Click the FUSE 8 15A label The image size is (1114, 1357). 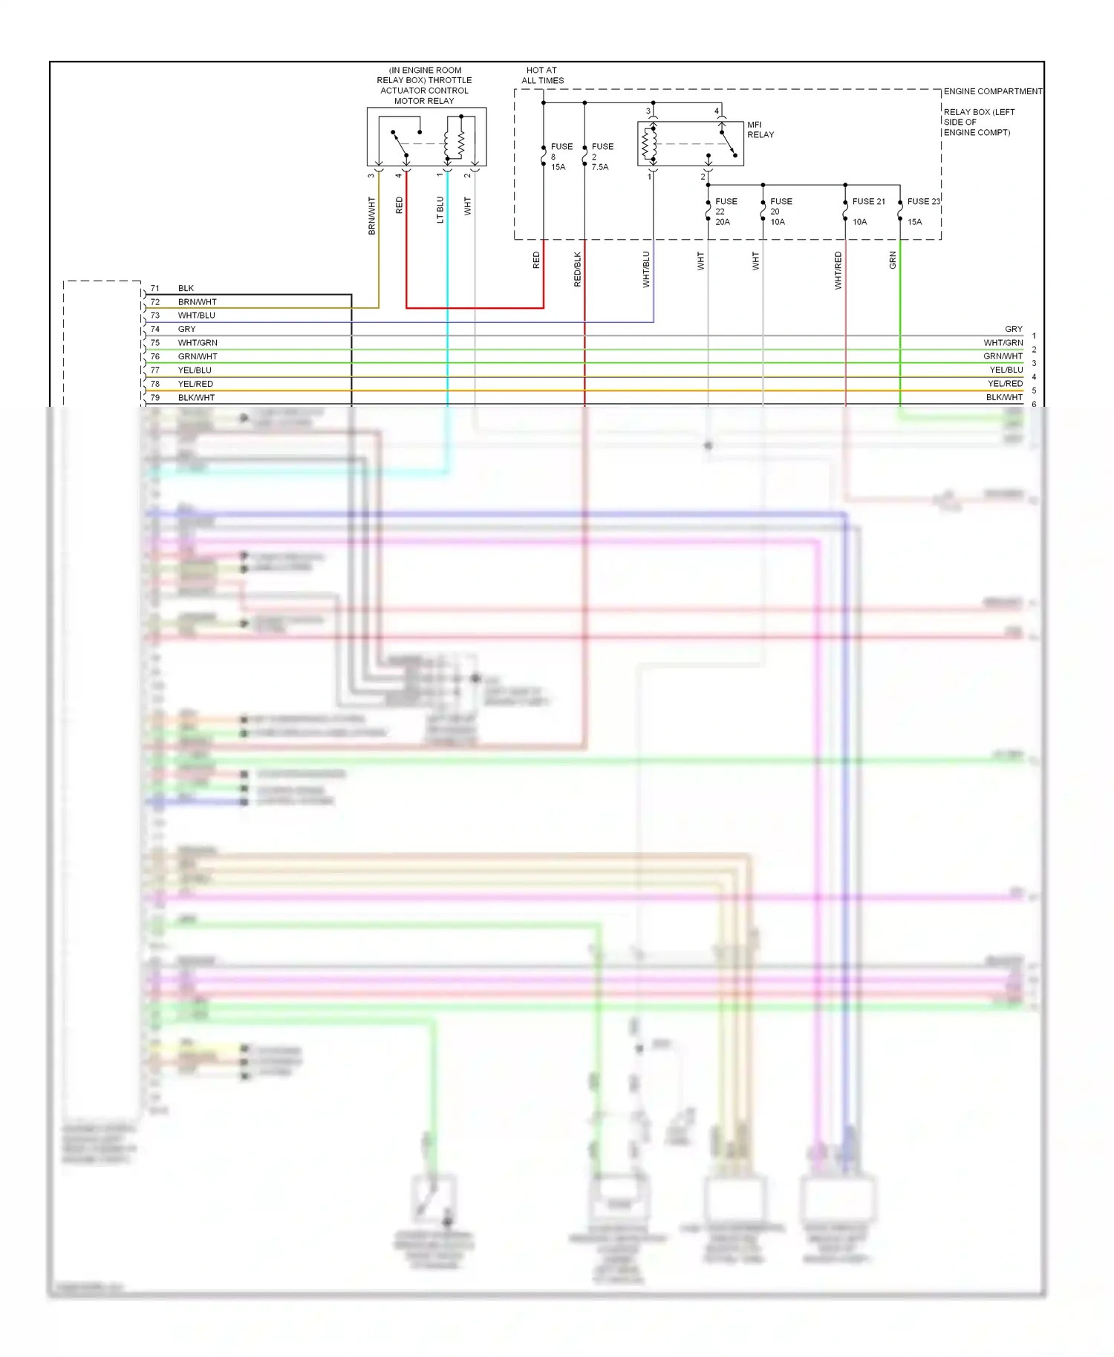tap(561, 157)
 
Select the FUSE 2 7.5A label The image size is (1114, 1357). tap(602, 157)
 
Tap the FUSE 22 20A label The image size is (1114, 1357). tap(726, 212)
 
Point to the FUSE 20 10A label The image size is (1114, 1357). tap(781, 212)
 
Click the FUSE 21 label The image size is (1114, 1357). tap(868, 201)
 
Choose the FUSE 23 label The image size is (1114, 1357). tap(923, 201)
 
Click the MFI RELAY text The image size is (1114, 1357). tap(760, 130)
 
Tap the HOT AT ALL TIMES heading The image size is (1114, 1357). tap(542, 75)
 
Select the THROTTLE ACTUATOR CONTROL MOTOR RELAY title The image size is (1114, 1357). tap(424, 85)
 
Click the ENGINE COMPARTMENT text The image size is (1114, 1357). tap(992, 91)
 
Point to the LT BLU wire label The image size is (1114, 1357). tap(440, 209)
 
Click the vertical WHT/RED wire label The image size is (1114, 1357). tap(838, 270)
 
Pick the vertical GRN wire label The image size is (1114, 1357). tap(893, 260)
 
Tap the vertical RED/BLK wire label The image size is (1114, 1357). tap(578, 269)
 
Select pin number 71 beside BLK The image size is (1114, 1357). tap(155, 288)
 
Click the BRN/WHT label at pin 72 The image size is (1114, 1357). tap(198, 302)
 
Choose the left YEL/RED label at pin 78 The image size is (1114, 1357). tap(195, 384)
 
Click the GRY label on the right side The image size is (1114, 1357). tap(1013, 329)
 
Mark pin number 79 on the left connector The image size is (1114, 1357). tap(155, 398)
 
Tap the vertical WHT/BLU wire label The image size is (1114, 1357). tap(646, 269)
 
